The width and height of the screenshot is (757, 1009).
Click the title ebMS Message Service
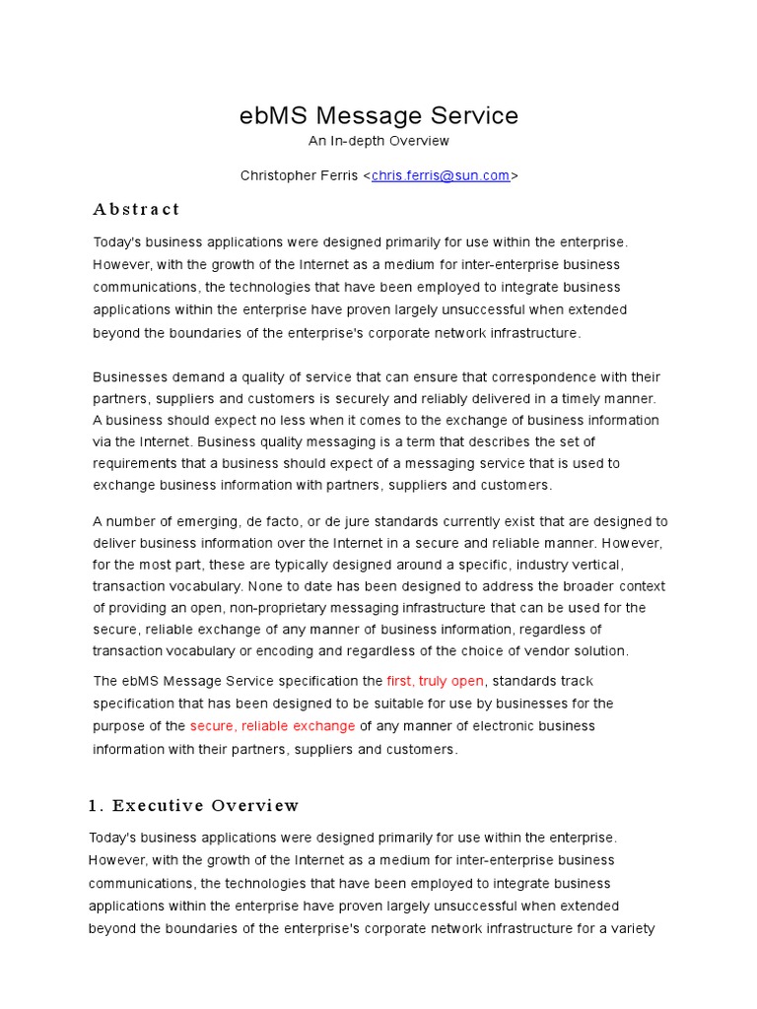pos(378,115)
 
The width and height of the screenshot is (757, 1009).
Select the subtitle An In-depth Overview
pos(378,141)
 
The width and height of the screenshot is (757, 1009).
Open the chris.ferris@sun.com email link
pos(441,175)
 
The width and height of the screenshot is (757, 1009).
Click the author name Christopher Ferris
pos(300,175)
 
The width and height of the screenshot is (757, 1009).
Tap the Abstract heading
pos(136,209)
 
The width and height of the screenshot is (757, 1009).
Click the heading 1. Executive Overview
pos(193,805)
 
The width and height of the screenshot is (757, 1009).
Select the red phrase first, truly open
pos(435,681)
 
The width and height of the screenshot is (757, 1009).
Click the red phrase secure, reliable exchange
pos(272,726)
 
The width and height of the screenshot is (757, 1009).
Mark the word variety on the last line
pos(632,928)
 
